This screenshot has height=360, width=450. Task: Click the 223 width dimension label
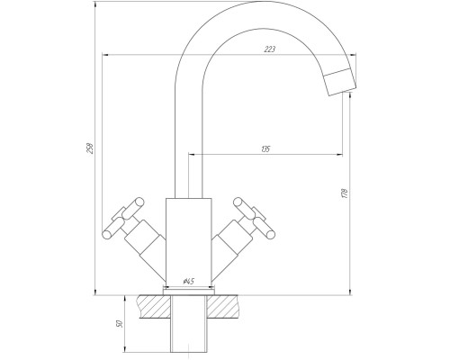[x=269, y=49]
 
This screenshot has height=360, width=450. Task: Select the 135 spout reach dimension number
[x=265, y=148]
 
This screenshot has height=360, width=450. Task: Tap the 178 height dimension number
[x=345, y=193]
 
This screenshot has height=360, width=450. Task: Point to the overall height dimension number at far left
[x=89, y=148]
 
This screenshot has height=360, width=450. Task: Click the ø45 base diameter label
[x=189, y=282]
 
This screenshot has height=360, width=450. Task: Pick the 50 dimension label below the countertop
[x=119, y=324]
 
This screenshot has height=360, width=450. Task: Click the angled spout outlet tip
[x=341, y=82]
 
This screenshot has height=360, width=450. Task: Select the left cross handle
[x=123, y=218]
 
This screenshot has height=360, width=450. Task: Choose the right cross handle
[x=255, y=218]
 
